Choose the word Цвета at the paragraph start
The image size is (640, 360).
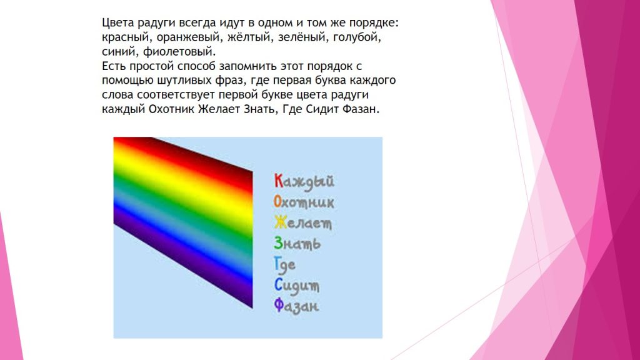pyautogui.click(x=117, y=22)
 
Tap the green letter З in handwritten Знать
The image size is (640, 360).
pyautogui.click(x=278, y=244)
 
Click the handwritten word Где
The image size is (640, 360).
pyautogui.click(x=285, y=264)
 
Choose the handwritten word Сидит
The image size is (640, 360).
pyautogui.click(x=297, y=285)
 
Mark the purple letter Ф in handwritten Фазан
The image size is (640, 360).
pyautogui.click(x=279, y=306)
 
